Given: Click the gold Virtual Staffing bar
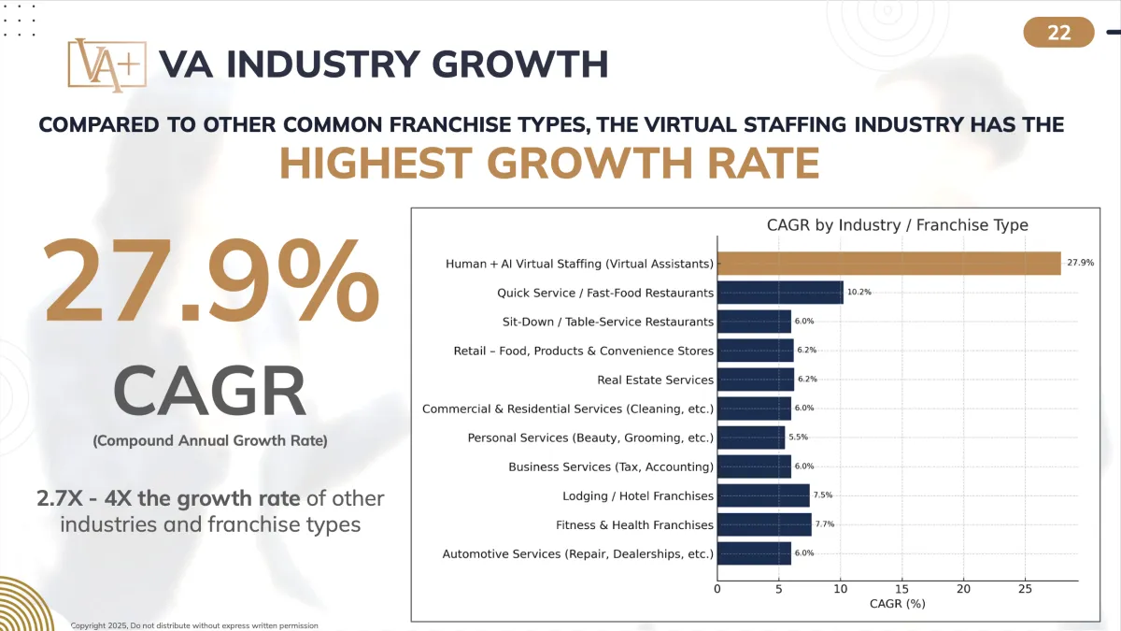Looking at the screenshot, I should (888, 264).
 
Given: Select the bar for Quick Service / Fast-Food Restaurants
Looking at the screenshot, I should (780, 293).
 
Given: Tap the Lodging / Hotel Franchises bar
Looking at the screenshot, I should (763, 495).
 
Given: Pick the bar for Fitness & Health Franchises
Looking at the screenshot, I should (764, 524).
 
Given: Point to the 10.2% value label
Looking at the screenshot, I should (858, 293).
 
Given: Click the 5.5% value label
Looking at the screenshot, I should (799, 437).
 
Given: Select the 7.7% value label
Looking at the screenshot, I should (825, 524).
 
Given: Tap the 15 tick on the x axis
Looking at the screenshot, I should (901, 589).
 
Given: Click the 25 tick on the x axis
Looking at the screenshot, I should (1025, 589).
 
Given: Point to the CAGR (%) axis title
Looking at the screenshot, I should (897, 604).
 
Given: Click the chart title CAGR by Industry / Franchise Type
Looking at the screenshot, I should (897, 225).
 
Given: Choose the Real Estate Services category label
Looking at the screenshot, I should (655, 380).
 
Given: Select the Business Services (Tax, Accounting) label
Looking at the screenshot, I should (611, 466).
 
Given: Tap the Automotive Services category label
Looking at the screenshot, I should (577, 553).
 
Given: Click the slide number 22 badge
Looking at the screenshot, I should (1058, 33).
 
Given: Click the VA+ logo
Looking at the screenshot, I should (106, 65).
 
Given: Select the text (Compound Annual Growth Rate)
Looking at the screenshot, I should (210, 440).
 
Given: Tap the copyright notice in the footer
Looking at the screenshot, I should (194, 624).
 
